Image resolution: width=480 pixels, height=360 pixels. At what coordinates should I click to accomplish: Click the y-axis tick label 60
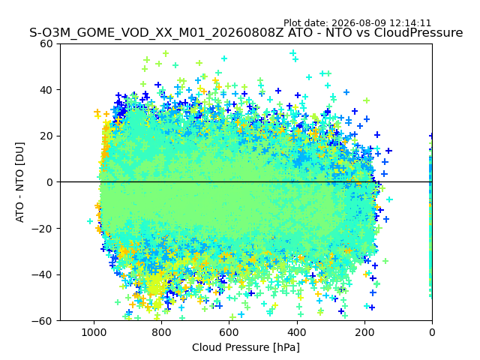[46, 43]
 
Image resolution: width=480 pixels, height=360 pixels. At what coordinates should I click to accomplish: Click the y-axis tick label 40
[46, 90]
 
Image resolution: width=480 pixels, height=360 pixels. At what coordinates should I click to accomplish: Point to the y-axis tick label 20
[46, 136]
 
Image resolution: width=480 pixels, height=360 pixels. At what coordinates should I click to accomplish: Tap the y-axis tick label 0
[49, 182]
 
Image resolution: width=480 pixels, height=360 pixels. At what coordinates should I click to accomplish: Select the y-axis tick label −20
[42, 229]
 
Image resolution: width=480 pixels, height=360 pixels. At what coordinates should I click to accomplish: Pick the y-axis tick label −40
[42, 275]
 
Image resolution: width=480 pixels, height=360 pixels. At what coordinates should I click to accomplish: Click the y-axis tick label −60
[42, 321]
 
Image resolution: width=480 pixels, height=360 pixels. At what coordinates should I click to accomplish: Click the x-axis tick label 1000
[94, 332]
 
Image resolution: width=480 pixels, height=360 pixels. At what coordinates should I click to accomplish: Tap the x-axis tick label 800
[162, 332]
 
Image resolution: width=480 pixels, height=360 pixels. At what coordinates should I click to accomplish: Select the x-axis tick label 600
[229, 332]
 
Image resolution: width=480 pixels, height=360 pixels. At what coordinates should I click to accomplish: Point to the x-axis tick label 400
[297, 332]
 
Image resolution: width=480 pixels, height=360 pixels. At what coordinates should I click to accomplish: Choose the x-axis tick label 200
[364, 332]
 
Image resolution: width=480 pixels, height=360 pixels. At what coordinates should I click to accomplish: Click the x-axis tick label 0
[432, 332]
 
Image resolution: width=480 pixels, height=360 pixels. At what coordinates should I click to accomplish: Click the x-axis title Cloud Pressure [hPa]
[246, 347]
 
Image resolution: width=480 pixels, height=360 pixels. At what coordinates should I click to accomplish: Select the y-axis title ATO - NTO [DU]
[20, 182]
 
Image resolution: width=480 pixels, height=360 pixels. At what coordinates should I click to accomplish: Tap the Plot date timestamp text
[357, 23]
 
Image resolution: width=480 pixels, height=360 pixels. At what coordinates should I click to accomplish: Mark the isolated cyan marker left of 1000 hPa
[90, 221]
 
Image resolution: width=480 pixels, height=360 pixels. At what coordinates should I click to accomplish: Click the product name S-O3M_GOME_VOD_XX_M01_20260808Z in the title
[157, 33]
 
